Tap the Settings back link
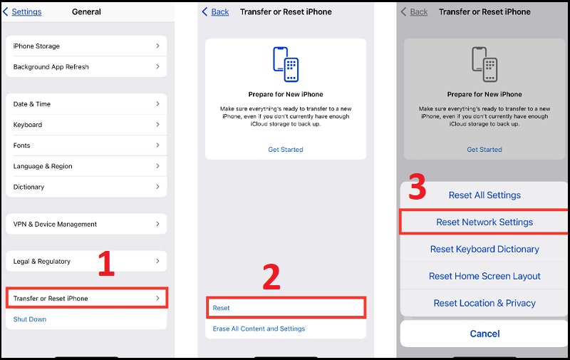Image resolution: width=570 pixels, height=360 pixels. pos(23,11)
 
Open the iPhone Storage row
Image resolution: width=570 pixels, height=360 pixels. pos(85,46)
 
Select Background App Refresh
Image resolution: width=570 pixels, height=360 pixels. pos(85,67)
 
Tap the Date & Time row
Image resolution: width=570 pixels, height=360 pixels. pos(85,104)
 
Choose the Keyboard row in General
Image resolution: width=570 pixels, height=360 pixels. pos(85,125)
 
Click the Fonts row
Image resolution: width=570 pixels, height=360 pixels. pos(85,145)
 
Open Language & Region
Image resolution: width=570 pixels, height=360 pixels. pos(85,166)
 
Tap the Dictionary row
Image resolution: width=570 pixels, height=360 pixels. pos(85,187)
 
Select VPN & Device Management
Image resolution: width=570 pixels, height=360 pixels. pos(85,224)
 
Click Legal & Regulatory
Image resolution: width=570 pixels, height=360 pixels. pos(85,262)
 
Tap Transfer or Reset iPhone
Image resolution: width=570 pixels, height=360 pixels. pos(85,298)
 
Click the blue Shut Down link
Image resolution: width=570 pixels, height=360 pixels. pos(30,319)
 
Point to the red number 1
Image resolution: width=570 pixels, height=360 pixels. pos(105,264)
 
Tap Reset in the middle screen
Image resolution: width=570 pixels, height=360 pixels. pos(285,308)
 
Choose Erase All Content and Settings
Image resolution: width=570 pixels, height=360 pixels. pos(259,329)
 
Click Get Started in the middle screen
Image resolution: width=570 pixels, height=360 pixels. pos(285,150)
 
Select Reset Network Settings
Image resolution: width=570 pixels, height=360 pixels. pos(484,222)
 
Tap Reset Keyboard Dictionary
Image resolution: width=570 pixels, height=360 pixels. pos(484,249)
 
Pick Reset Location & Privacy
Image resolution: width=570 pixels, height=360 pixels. pos(484,303)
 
